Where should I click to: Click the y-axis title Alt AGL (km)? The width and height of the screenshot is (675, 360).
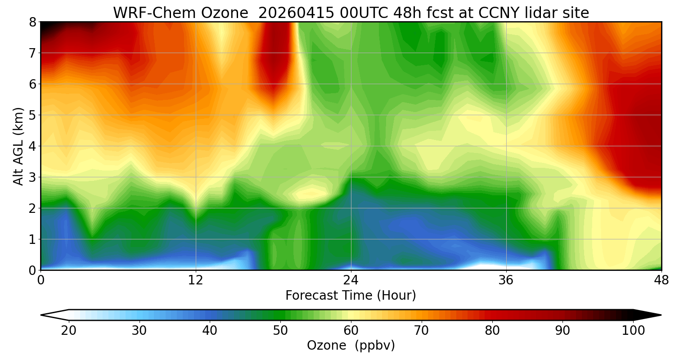pyautogui.click(x=18, y=146)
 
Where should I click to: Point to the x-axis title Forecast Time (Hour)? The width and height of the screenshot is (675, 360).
pyautogui.click(x=351, y=296)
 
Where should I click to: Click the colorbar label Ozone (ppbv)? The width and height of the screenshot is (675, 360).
pyautogui.click(x=351, y=346)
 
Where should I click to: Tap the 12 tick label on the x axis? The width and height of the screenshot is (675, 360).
pyautogui.click(x=196, y=281)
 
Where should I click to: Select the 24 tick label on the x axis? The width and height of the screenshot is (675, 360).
pyautogui.click(x=351, y=281)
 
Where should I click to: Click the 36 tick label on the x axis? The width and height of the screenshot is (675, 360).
pyautogui.click(x=506, y=281)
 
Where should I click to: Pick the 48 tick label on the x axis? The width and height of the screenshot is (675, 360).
pyautogui.click(x=661, y=281)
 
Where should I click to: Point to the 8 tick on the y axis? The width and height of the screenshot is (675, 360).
pyautogui.click(x=32, y=22)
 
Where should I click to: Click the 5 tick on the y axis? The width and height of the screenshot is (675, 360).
pyautogui.click(x=32, y=115)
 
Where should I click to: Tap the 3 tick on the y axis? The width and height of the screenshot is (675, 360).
pyautogui.click(x=32, y=177)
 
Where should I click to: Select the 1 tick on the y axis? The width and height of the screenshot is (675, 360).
pyautogui.click(x=32, y=239)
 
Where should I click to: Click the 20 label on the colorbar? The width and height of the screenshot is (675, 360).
pyautogui.click(x=68, y=331)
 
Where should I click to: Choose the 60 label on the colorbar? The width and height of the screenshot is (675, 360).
pyautogui.click(x=351, y=331)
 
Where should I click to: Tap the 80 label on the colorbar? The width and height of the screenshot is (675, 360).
pyautogui.click(x=492, y=331)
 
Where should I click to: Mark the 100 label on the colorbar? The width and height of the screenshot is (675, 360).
pyautogui.click(x=634, y=331)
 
